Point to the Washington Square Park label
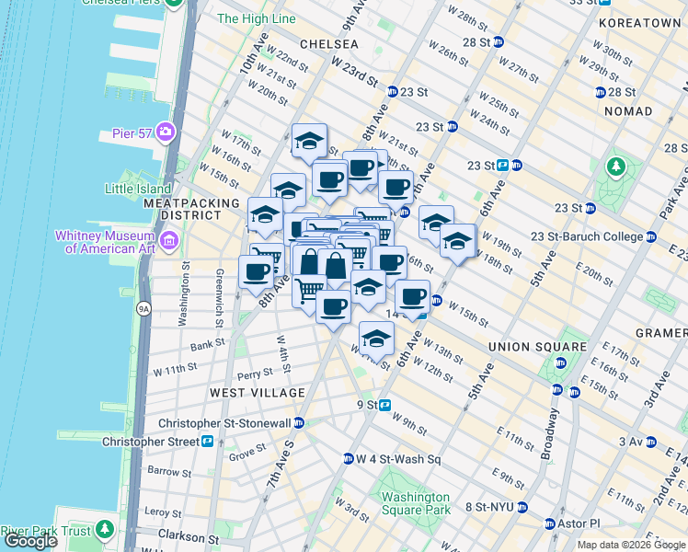tap(416, 503)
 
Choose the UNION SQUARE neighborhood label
tap(538, 347)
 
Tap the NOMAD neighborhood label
tap(627, 111)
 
